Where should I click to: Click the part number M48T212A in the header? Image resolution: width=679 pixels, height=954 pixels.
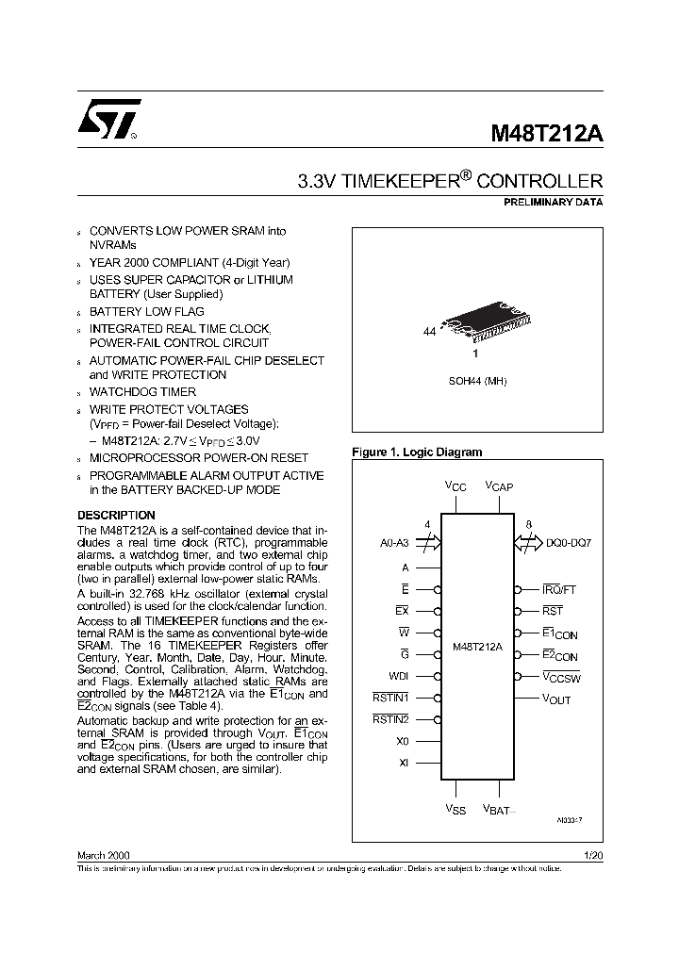(x=546, y=134)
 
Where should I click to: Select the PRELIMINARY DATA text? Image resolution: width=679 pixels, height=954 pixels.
(x=555, y=202)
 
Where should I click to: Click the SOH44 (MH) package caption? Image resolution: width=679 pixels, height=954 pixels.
(x=476, y=381)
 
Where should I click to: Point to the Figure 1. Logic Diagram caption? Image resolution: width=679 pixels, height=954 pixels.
(x=416, y=452)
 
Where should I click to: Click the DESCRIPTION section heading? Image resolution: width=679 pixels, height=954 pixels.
(x=116, y=516)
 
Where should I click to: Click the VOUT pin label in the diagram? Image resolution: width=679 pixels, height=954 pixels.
(x=556, y=699)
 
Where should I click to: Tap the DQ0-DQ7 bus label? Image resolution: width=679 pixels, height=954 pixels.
(x=569, y=544)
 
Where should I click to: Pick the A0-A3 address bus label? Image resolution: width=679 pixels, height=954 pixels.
(x=393, y=544)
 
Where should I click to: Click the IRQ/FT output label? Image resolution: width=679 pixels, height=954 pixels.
(x=559, y=589)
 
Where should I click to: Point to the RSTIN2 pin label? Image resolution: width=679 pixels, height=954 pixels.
(x=390, y=720)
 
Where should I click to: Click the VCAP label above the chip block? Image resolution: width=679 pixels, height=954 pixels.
(x=499, y=486)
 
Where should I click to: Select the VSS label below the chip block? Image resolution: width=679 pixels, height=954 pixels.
(x=455, y=809)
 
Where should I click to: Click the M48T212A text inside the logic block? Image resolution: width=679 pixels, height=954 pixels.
(x=477, y=648)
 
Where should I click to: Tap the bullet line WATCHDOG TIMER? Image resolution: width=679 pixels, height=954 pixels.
(x=142, y=391)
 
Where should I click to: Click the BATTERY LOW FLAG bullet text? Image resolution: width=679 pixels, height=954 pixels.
(x=146, y=311)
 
